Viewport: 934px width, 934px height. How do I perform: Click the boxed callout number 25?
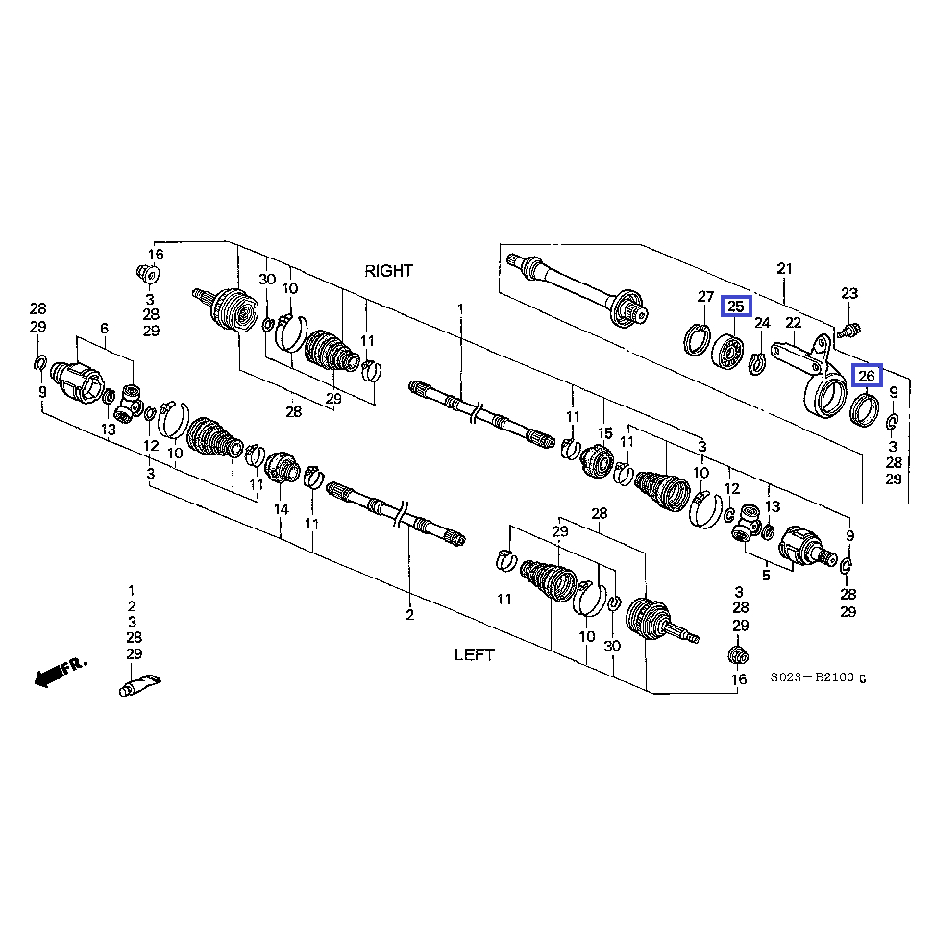coord(736,307)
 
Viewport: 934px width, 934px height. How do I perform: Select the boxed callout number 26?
coord(867,376)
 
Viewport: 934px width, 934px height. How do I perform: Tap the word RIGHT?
coord(388,271)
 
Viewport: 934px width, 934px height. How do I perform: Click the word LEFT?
coord(474,654)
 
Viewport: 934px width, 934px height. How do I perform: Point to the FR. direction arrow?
coord(60,672)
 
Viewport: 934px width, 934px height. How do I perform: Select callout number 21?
coord(784,269)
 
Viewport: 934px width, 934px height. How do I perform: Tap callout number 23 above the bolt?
coord(849,293)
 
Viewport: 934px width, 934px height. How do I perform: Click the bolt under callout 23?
coord(850,330)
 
